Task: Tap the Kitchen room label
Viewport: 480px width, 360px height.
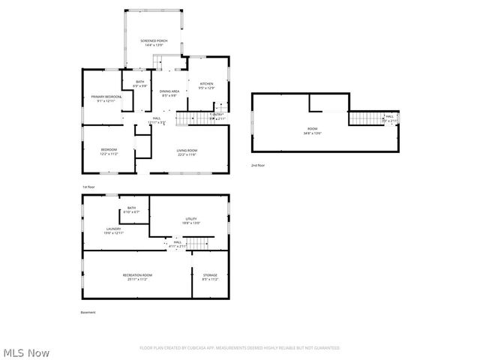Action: click(x=206, y=84)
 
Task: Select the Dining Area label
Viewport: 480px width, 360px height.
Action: click(x=169, y=91)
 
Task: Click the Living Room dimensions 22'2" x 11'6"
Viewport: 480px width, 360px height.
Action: click(x=187, y=155)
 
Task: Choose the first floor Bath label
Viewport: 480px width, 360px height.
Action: click(x=140, y=82)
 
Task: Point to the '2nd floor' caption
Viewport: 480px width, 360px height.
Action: click(x=258, y=165)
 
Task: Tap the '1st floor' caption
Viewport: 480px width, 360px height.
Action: click(x=88, y=186)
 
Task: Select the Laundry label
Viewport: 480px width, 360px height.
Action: click(x=113, y=229)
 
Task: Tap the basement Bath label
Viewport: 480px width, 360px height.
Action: click(x=132, y=208)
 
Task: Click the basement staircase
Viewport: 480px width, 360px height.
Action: click(x=196, y=242)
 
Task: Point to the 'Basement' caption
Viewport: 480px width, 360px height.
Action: click(x=88, y=312)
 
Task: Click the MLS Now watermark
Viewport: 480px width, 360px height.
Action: click(x=26, y=352)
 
